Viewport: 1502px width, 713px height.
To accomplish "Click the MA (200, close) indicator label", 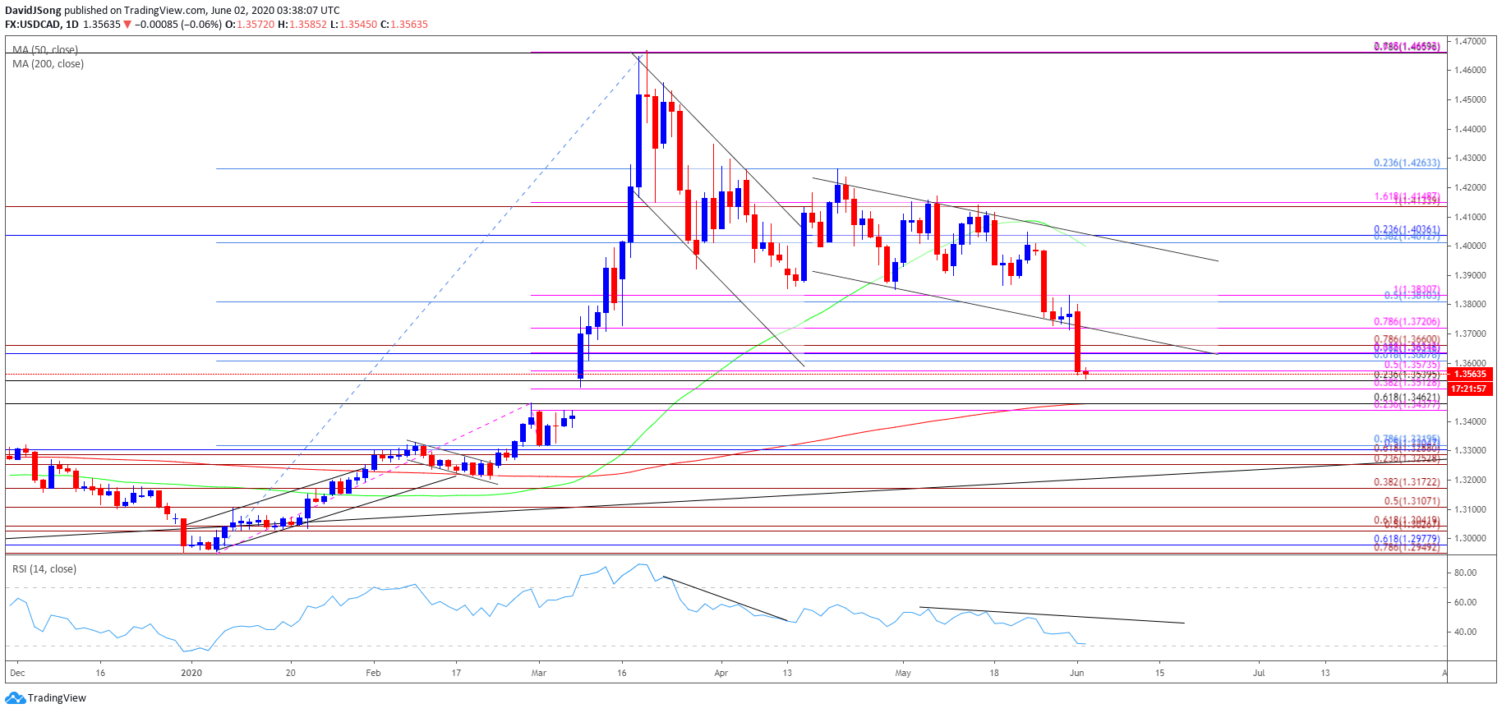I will point(48,64).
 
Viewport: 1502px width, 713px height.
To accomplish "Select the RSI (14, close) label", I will point(44,568).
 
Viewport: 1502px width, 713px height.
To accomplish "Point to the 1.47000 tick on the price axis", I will point(1469,41).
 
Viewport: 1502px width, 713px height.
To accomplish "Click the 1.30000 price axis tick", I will point(1469,538).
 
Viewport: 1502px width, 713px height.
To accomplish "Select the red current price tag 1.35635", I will point(1470,374).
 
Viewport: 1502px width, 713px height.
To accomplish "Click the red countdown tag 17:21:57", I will point(1468,389).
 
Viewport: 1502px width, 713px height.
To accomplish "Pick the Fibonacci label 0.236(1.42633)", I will point(1406,163).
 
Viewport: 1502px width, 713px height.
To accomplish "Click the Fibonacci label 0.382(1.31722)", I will point(1406,482).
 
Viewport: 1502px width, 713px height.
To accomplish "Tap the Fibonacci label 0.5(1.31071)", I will point(1411,501).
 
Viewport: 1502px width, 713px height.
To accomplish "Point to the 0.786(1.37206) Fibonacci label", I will point(1406,322).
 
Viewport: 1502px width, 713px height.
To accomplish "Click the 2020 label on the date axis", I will point(191,673).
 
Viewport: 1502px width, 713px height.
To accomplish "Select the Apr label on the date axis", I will point(721,673).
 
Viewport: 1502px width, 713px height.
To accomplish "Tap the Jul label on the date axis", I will point(1258,673).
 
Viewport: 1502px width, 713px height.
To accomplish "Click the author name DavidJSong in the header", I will point(33,11).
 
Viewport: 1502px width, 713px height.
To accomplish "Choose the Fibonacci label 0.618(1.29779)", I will point(1406,539).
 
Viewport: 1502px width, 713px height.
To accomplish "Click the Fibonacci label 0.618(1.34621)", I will point(1406,397).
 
